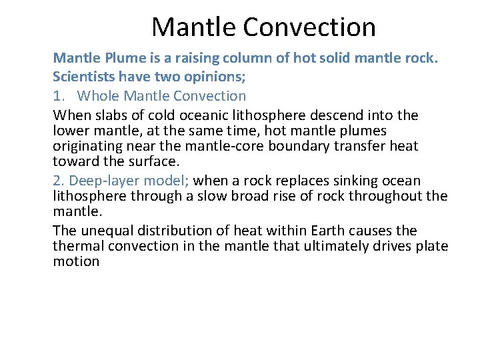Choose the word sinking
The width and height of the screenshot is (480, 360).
[355, 180]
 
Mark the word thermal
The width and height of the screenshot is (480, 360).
[76, 246]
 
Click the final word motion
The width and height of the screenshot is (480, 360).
[76, 261]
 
